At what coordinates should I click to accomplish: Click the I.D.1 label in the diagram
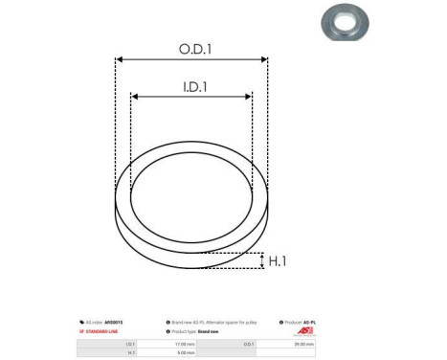click(x=191, y=85)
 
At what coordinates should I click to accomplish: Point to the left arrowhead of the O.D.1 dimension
click(x=119, y=59)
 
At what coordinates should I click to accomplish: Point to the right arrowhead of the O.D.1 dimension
click(x=265, y=59)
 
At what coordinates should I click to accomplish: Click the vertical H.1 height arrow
click(x=262, y=260)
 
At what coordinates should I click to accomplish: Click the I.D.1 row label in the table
click(x=130, y=343)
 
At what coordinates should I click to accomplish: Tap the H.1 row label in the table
click(x=130, y=352)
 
